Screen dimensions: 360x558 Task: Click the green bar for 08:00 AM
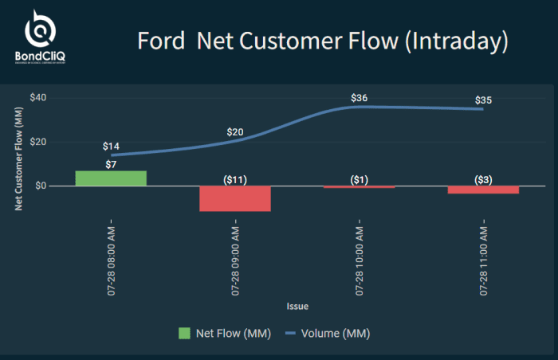pyautogui.click(x=111, y=178)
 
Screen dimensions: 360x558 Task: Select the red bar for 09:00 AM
pyautogui.click(x=234, y=198)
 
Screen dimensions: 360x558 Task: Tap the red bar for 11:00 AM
pyautogui.click(x=483, y=190)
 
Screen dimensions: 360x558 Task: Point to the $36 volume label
pyautogui.click(x=360, y=98)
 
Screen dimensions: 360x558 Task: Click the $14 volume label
pyautogui.click(x=111, y=147)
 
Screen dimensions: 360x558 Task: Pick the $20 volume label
pyautogui.click(x=235, y=132)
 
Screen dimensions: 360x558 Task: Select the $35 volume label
pyautogui.click(x=483, y=100)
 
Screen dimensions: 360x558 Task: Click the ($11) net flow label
pyautogui.click(x=234, y=180)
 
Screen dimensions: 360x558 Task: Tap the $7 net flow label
pyautogui.click(x=111, y=164)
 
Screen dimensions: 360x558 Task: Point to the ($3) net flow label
pyautogui.click(x=483, y=180)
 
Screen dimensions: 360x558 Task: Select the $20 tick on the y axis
pyautogui.click(x=39, y=142)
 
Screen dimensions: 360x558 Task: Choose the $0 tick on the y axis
pyautogui.click(x=41, y=186)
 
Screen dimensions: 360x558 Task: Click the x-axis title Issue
pyautogui.click(x=297, y=306)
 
